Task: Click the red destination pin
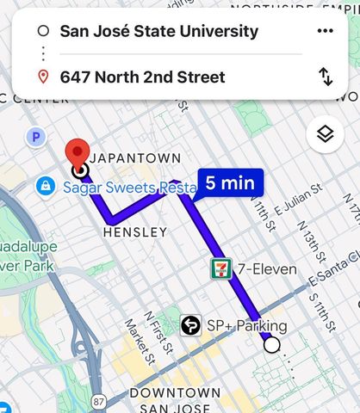click(x=79, y=152)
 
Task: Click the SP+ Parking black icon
click(x=191, y=326)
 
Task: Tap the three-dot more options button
click(x=325, y=31)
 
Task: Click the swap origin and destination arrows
click(x=326, y=77)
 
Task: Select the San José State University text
click(x=158, y=32)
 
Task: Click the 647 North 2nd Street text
click(x=142, y=77)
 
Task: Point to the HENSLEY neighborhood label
click(x=134, y=232)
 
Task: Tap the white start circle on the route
click(x=272, y=345)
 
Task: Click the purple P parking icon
click(x=35, y=136)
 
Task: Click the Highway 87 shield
click(x=100, y=402)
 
